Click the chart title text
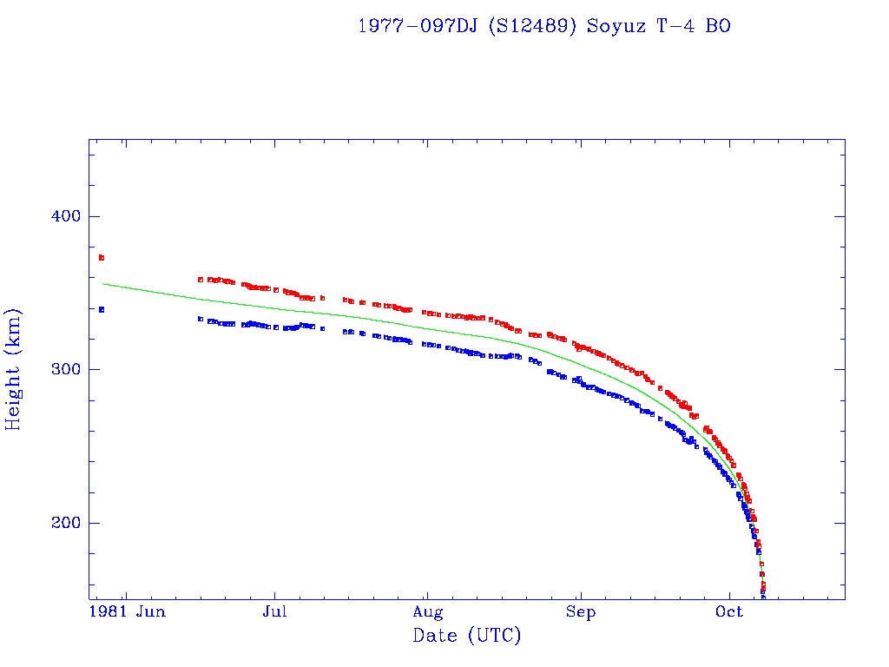click(544, 26)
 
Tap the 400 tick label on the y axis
click(63, 216)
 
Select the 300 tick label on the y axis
click(63, 369)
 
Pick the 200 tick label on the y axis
click(63, 523)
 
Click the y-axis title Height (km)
click(14, 369)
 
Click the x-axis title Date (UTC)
click(467, 636)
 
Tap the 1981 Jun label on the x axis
click(128, 612)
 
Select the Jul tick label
click(275, 612)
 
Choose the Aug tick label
click(427, 612)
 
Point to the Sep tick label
click(580, 612)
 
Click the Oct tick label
click(729, 612)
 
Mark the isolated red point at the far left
click(102, 258)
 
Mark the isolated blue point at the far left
click(102, 309)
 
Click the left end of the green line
click(103, 283)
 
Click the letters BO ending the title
click(718, 26)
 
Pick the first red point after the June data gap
click(201, 280)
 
